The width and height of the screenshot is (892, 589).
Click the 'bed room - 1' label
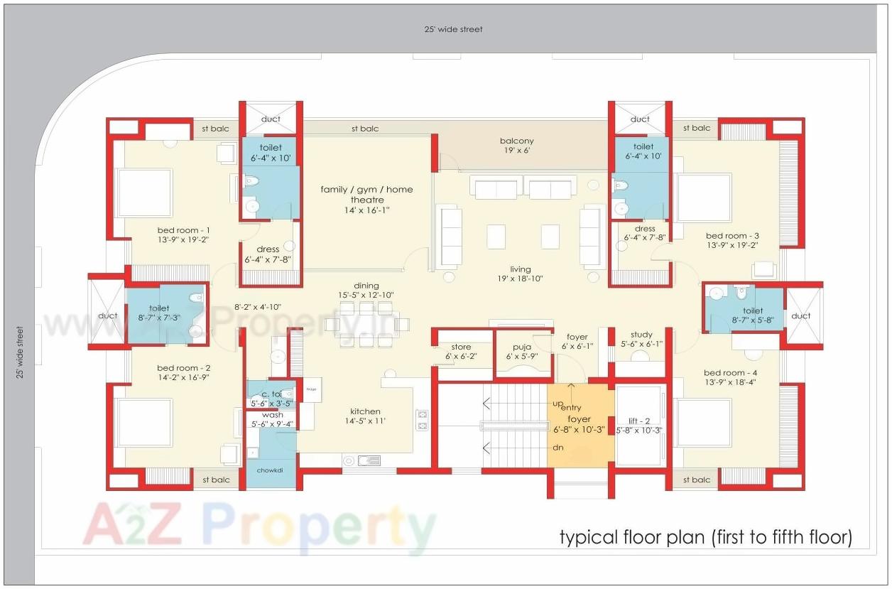click(x=183, y=231)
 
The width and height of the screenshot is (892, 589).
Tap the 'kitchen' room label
click(x=365, y=411)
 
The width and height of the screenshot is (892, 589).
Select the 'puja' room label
click(x=522, y=347)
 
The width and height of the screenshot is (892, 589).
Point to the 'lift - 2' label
click(x=639, y=420)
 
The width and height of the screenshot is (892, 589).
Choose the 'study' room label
click(x=641, y=335)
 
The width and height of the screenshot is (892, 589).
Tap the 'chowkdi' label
click(x=271, y=470)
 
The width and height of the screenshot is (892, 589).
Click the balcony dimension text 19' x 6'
click(x=516, y=151)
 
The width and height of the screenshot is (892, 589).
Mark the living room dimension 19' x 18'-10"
click(x=520, y=279)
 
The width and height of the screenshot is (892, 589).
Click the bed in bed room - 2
click(x=144, y=422)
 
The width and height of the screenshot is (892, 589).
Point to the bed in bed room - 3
click(x=703, y=197)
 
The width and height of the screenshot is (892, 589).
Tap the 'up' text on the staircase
click(x=558, y=403)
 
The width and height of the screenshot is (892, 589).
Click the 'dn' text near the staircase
click(x=558, y=448)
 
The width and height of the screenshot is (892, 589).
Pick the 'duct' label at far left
click(x=108, y=315)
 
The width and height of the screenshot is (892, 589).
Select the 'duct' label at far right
click(x=800, y=315)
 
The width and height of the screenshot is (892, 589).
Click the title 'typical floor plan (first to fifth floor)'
click(x=705, y=536)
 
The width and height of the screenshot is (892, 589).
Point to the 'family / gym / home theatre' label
click(x=366, y=195)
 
